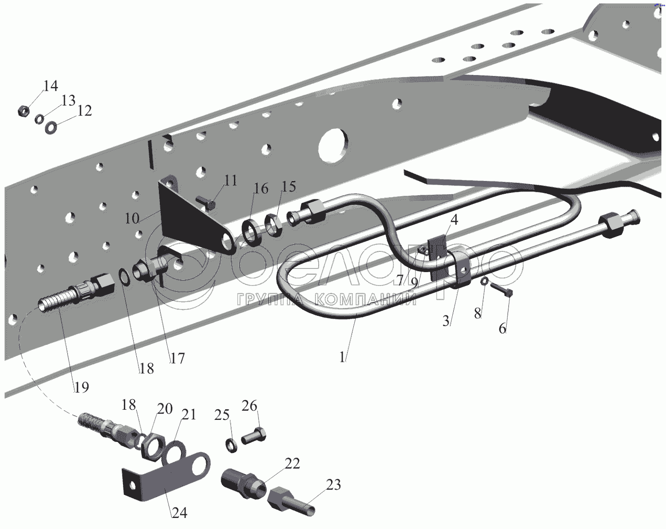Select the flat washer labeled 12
coord(52,126)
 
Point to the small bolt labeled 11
coord(206,202)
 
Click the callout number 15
coord(289,186)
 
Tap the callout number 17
coord(177,358)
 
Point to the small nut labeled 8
coord(485,281)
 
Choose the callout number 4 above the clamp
coord(455,220)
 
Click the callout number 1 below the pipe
coord(342,357)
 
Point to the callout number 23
coord(333,484)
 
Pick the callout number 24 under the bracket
coord(180,512)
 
